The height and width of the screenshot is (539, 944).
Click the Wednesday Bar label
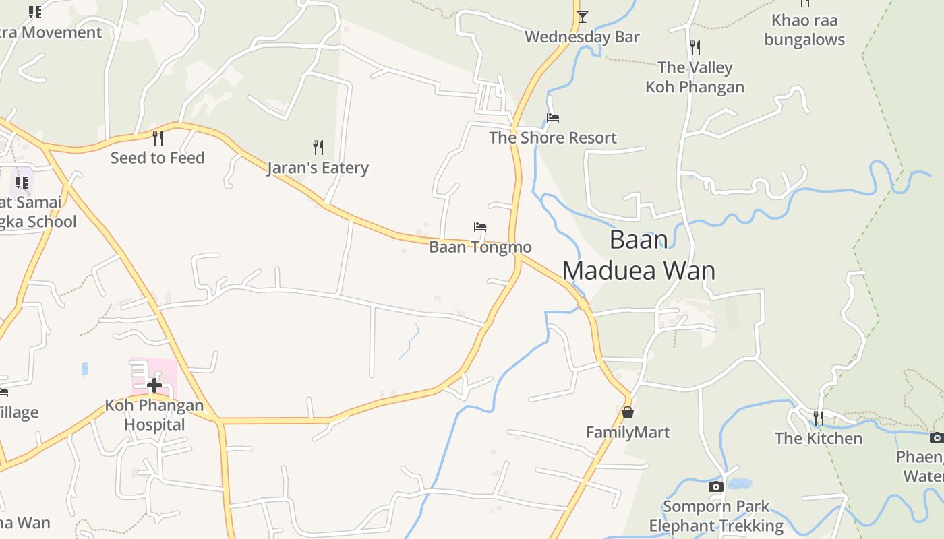(x=582, y=36)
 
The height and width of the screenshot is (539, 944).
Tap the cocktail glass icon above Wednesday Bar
(x=583, y=17)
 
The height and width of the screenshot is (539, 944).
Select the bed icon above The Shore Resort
(x=553, y=118)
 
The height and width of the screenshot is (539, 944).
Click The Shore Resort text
(x=553, y=137)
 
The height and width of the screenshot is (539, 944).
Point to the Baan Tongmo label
(x=480, y=247)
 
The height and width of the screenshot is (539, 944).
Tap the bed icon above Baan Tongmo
(x=480, y=227)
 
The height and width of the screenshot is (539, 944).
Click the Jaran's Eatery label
(x=318, y=167)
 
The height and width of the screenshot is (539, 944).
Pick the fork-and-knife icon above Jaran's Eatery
(x=318, y=147)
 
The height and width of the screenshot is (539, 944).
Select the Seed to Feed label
(x=157, y=158)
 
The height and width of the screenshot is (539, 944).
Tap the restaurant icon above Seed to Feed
(x=158, y=137)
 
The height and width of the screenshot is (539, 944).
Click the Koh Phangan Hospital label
(x=154, y=414)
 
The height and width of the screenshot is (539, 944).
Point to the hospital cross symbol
(x=154, y=385)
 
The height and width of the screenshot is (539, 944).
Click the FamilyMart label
(x=628, y=432)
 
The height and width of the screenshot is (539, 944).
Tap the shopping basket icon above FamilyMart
(x=628, y=412)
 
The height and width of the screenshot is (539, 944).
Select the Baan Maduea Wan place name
(x=639, y=255)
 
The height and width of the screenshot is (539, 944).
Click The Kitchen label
(x=818, y=438)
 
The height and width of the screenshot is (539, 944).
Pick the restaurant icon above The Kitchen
(x=818, y=418)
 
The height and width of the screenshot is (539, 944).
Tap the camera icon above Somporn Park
(x=716, y=486)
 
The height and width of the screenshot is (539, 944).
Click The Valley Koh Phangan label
(x=695, y=77)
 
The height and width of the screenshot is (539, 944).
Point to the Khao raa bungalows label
(x=804, y=30)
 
